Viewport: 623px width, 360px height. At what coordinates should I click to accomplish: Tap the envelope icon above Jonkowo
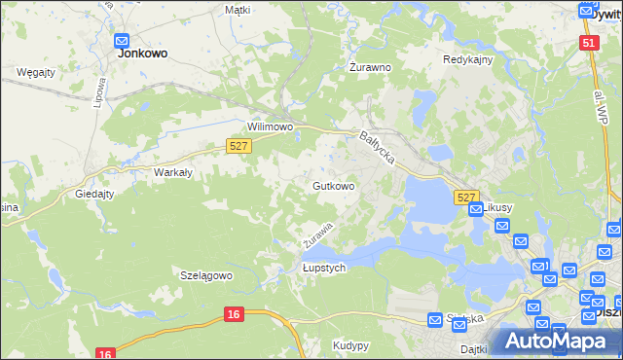pos(123,40)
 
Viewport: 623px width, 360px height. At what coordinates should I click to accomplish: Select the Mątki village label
pos(238,10)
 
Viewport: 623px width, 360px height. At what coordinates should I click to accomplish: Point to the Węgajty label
pos(36,72)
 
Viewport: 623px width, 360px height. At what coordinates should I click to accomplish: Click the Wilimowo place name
pos(270,127)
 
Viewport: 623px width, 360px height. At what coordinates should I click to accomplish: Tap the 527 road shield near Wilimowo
pos(239,145)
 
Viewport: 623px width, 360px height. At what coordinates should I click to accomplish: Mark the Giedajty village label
pos(96,194)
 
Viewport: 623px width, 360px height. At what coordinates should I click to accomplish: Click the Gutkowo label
pos(333,185)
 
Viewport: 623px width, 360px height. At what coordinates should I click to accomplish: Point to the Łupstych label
pos(323,269)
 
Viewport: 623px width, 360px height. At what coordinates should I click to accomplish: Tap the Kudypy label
pos(350,345)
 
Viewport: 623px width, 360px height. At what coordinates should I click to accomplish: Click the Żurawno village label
pos(370,68)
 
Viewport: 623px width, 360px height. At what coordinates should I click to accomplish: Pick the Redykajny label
pos(467,59)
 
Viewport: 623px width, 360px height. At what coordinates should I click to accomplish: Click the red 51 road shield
pos(589,43)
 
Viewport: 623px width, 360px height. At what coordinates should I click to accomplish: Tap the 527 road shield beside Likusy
pos(465,197)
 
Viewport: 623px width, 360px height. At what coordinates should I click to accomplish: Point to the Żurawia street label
pos(316,234)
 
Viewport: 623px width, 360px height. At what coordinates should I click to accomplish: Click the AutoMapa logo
pos(556,341)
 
